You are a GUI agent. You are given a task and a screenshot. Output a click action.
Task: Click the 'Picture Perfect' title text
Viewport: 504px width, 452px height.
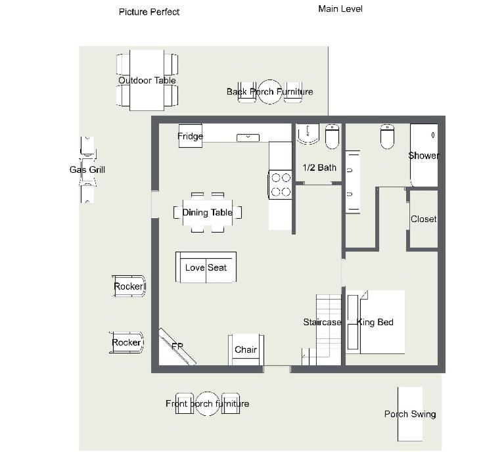(149, 12)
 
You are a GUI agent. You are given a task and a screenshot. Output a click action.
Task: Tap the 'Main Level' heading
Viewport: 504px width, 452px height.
(340, 9)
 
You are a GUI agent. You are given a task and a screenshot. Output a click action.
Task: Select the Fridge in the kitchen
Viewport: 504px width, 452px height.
(191, 135)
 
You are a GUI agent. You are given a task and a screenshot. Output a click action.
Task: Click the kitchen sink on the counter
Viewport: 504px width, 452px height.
(248, 137)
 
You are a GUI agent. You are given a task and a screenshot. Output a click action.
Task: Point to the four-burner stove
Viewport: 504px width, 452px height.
(280, 185)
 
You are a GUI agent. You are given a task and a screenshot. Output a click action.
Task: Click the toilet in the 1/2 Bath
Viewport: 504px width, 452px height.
(332, 137)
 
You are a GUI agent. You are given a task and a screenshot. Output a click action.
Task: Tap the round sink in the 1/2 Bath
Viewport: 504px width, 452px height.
(308, 133)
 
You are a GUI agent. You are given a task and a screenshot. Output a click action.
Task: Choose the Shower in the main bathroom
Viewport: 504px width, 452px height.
(424, 155)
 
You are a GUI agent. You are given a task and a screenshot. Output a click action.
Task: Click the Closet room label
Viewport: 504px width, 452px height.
(423, 219)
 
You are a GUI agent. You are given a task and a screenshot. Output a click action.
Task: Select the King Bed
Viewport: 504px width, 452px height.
(375, 322)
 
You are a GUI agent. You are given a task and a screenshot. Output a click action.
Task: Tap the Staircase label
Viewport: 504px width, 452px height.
(322, 322)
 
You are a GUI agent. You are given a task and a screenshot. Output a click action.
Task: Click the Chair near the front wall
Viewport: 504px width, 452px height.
(246, 350)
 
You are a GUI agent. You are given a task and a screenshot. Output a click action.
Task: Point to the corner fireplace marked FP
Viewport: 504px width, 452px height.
(177, 346)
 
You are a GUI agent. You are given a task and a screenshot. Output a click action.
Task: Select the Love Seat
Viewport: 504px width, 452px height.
(206, 267)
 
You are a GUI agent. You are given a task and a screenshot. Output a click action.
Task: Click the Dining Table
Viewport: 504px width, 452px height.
(208, 212)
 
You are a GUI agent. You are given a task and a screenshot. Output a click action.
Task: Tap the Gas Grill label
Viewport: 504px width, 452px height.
(87, 169)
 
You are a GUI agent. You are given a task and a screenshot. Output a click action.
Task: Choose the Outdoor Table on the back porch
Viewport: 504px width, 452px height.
(147, 80)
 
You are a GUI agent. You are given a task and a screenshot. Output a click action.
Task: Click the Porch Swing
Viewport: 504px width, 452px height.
(410, 414)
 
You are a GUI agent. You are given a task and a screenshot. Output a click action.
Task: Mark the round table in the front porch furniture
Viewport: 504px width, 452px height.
(208, 403)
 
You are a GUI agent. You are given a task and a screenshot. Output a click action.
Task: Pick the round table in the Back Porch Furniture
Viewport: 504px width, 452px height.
(270, 91)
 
